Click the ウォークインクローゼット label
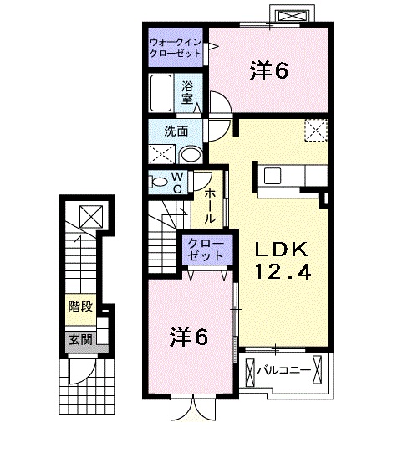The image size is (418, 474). coord(176,47)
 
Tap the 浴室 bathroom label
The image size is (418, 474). coord(188,91)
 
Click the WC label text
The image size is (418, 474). coord(177,183)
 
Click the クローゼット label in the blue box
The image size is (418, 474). coord(203,250)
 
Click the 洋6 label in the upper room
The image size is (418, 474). coord(268,72)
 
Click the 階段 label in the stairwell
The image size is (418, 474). coord(79,307)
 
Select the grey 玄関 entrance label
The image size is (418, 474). coord(79,339)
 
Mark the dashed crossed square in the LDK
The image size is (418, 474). coord(316,131)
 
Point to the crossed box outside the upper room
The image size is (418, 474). coord(296,16)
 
